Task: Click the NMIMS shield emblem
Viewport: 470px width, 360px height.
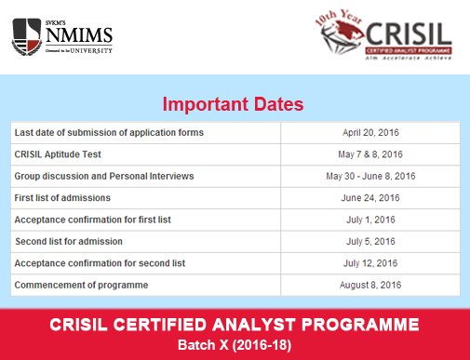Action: pyautogui.click(x=25, y=37)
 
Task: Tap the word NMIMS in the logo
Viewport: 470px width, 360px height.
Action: pyautogui.click(x=75, y=36)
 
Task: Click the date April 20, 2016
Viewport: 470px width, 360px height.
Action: pyautogui.click(x=370, y=132)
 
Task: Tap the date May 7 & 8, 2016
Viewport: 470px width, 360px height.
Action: pyautogui.click(x=370, y=154)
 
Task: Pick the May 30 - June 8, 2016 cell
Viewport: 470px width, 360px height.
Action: pyautogui.click(x=370, y=176)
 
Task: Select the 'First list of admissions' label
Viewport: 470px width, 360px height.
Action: pyautogui.click(x=62, y=198)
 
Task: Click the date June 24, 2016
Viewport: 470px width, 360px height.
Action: pyautogui.click(x=370, y=198)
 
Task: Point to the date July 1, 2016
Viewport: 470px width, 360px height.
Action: pyautogui.click(x=370, y=220)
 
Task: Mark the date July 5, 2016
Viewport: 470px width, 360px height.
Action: pyautogui.click(x=370, y=241)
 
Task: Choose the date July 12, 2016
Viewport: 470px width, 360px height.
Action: pyautogui.click(x=370, y=263)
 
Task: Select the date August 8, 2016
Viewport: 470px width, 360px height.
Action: pyautogui.click(x=370, y=285)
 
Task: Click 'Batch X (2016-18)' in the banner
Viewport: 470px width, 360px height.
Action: pyautogui.click(x=235, y=344)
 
